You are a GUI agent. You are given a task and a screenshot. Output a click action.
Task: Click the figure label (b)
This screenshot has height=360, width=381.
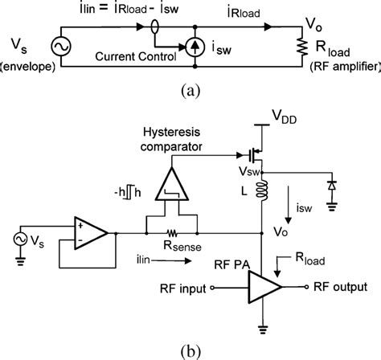pos(190,350)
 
